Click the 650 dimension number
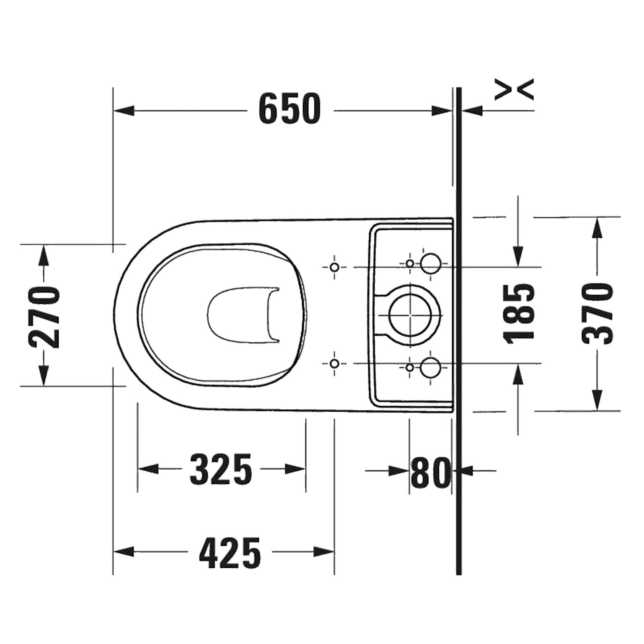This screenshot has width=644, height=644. [289, 109]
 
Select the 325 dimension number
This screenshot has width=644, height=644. [221, 469]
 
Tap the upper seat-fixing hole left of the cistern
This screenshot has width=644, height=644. [334, 267]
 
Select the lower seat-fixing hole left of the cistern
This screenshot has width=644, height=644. [334, 363]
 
